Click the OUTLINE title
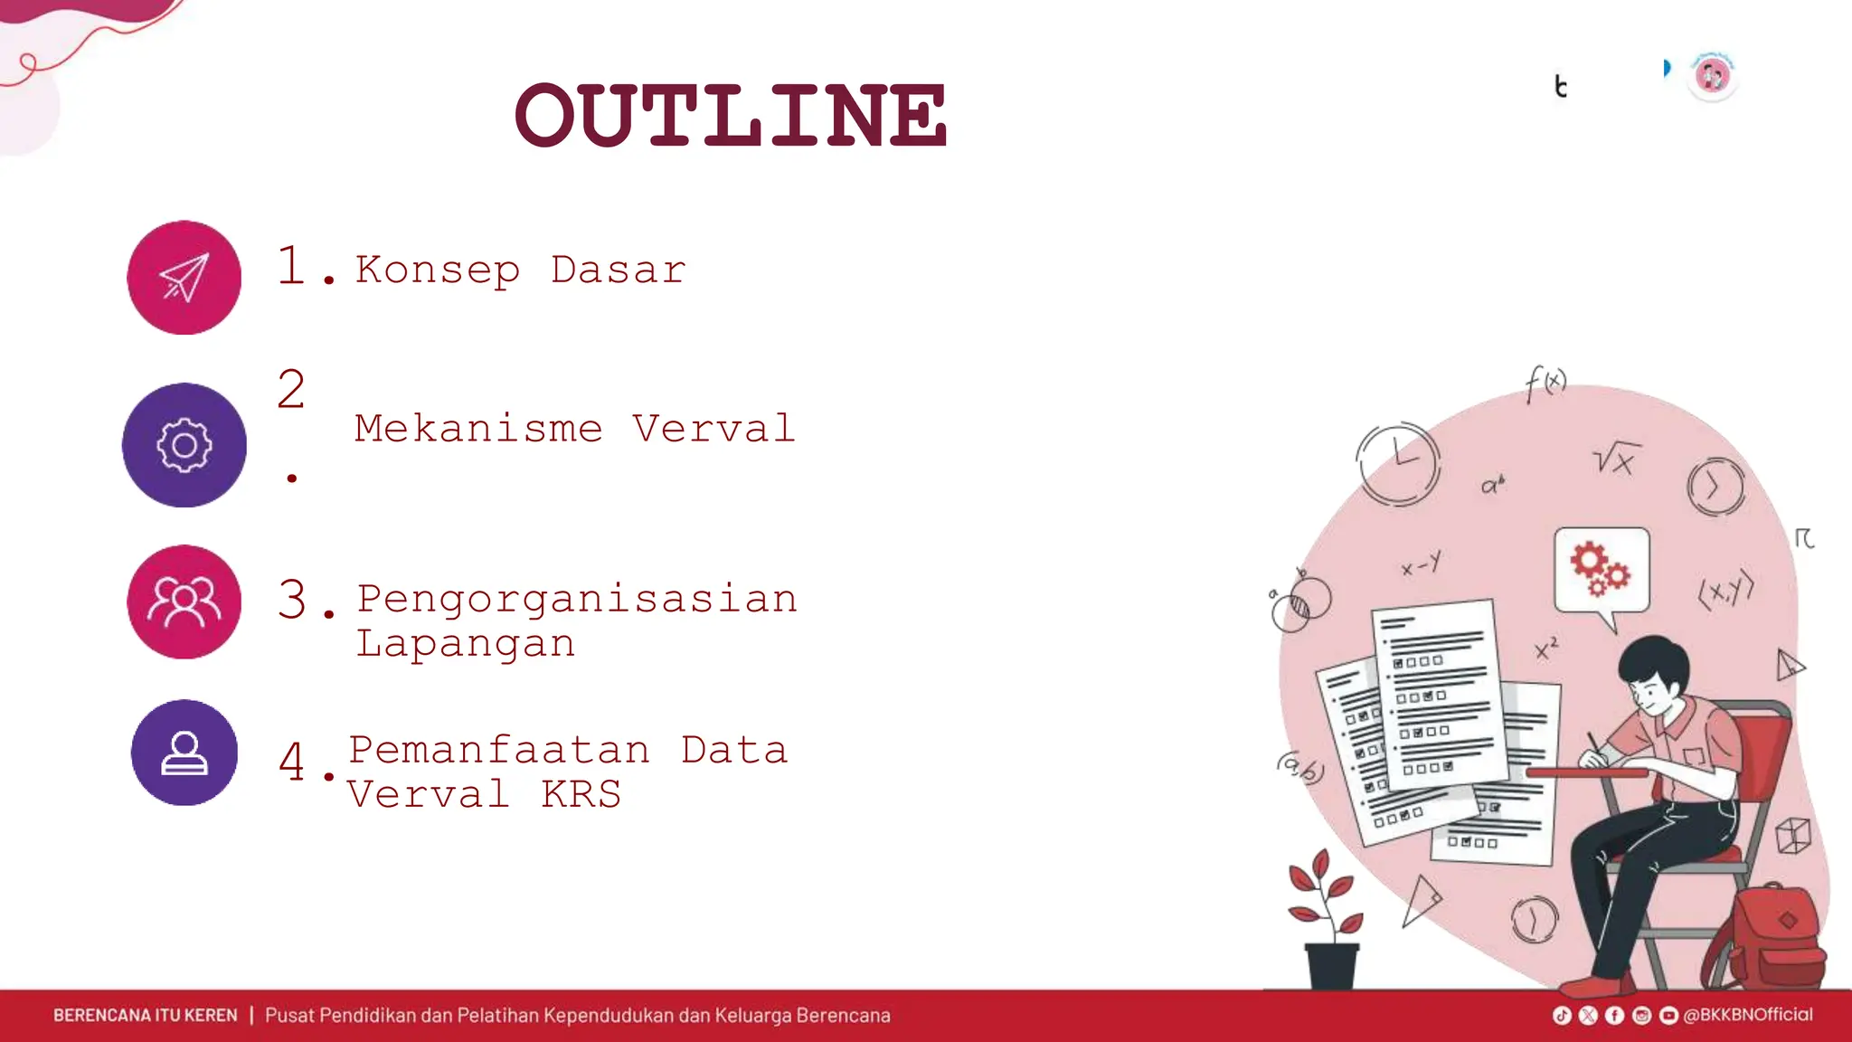731,116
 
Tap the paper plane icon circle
184,278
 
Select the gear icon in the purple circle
184,445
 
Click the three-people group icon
184,602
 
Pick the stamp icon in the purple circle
184,753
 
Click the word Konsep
438,270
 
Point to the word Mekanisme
478,429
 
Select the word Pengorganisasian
577,599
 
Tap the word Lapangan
466,644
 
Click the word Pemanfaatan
499,751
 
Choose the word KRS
581,795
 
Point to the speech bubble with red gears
1602,572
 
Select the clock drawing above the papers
1397,463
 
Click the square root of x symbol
1616,459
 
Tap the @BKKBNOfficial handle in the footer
1747,1015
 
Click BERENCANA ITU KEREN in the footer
145,1016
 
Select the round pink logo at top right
1712,77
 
